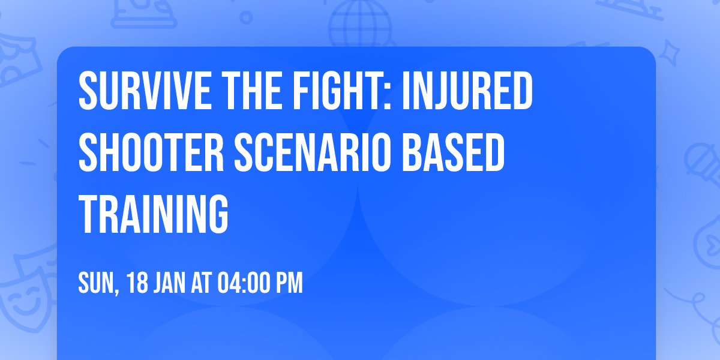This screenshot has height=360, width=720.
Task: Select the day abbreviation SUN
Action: tap(95, 283)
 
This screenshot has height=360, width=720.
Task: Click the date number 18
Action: tap(137, 283)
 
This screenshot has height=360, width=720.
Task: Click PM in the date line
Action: tap(289, 283)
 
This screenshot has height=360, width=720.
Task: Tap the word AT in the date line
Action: tap(202, 283)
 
